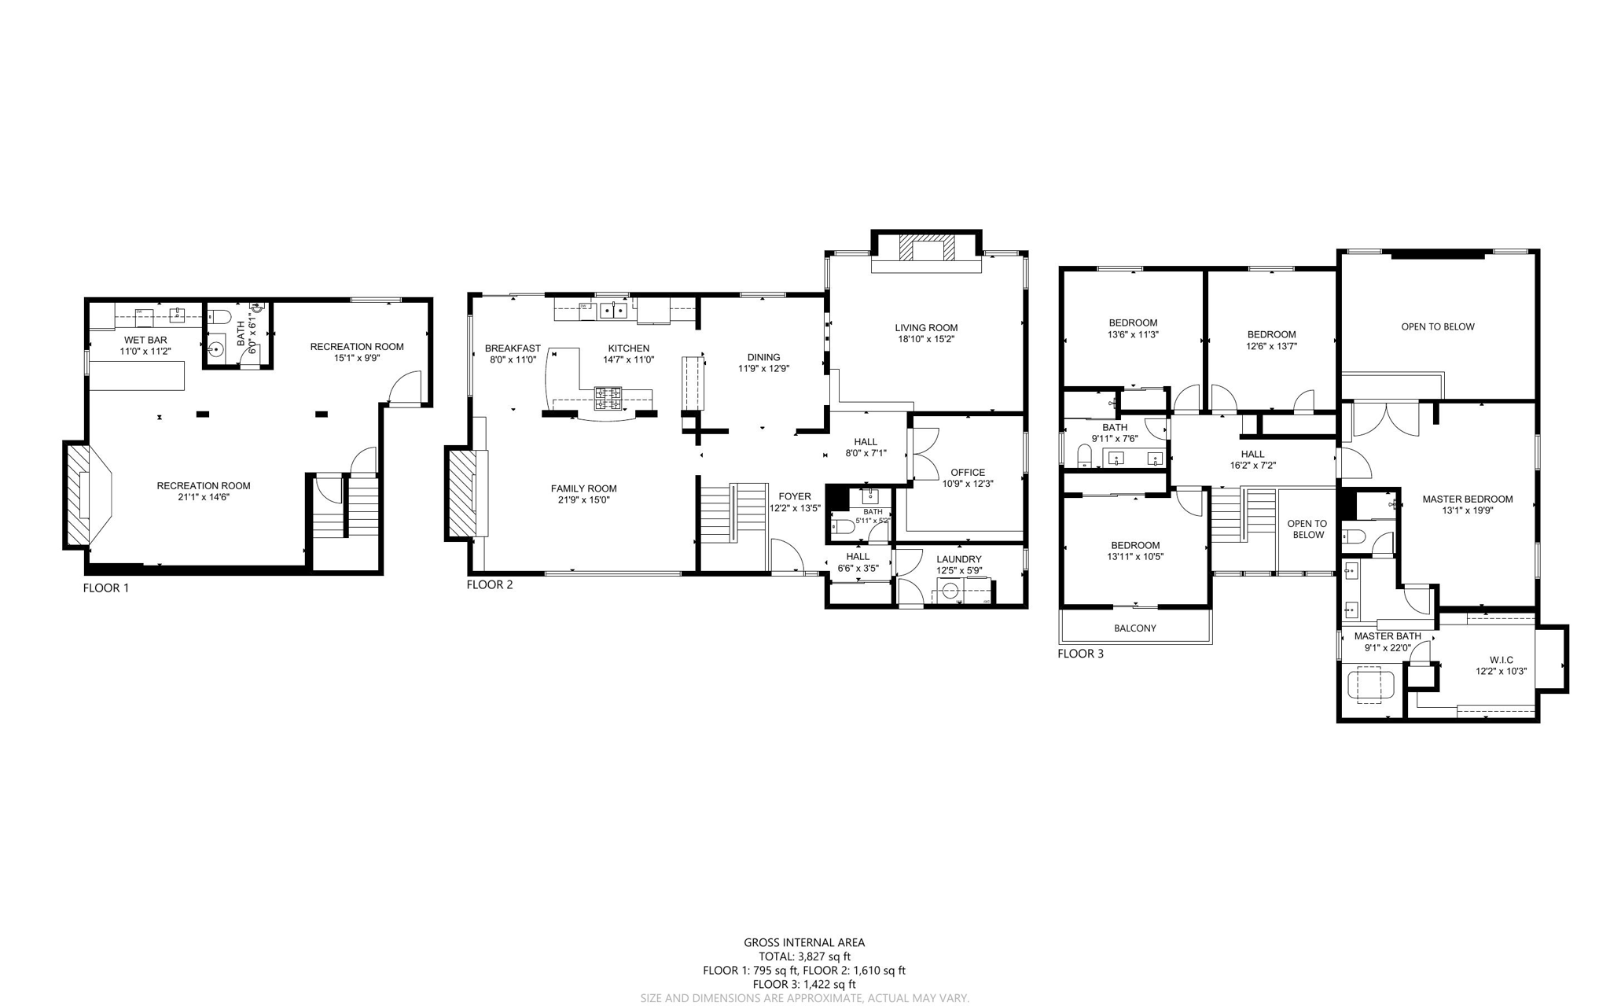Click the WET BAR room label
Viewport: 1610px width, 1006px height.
click(x=145, y=341)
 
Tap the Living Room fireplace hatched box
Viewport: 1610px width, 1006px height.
click(x=927, y=249)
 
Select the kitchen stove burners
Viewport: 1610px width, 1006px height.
click(x=607, y=398)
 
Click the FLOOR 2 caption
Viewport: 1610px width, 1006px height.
click(x=489, y=584)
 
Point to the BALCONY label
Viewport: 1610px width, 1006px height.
click(x=1134, y=628)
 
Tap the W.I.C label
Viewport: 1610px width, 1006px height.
click(x=1501, y=660)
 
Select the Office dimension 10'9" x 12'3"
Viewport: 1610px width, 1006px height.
click(x=968, y=484)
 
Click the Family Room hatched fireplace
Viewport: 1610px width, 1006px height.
click(x=461, y=492)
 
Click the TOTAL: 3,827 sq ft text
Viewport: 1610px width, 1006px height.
click(x=804, y=956)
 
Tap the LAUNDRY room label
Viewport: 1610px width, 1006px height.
click(x=958, y=559)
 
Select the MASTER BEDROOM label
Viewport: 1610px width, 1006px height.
click(x=1467, y=499)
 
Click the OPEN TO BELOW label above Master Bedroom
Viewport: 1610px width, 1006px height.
click(x=1437, y=326)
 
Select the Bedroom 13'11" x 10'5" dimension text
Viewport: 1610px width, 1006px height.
click(x=1134, y=556)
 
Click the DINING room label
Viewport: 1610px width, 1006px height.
click(x=763, y=357)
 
